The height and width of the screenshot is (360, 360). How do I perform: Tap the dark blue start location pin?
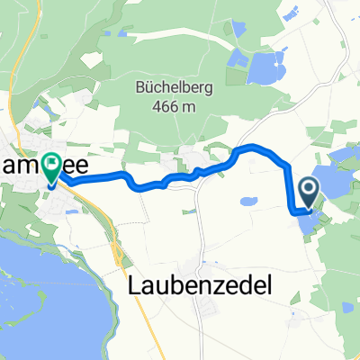(308, 190)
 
